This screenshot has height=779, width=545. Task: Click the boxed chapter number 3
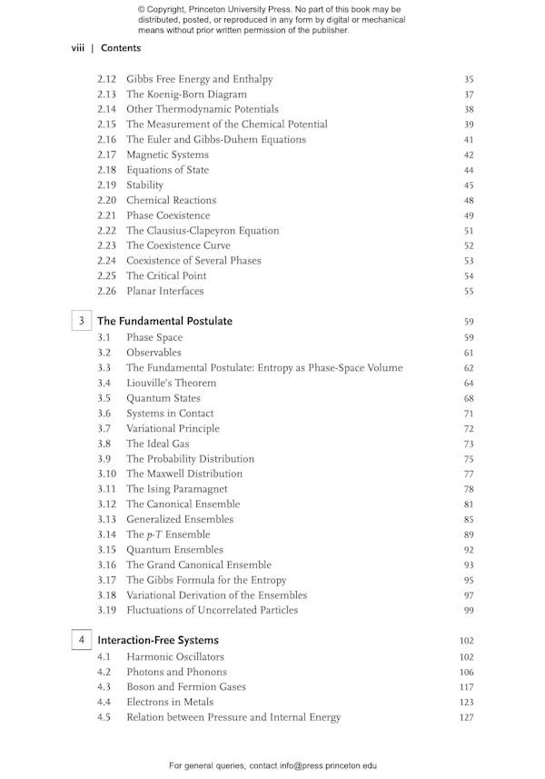click(x=82, y=321)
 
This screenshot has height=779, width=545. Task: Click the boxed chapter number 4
click(x=82, y=640)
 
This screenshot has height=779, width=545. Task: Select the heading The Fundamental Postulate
click(x=164, y=321)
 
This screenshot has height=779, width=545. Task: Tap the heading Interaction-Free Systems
click(x=158, y=640)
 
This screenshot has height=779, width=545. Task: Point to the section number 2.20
click(x=107, y=200)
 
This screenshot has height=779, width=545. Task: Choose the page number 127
click(x=467, y=717)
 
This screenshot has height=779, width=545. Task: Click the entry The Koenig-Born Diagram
click(x=186, y=95)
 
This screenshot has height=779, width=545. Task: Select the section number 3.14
click(x=107, y=534)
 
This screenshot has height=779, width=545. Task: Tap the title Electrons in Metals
click(x=170, y=702)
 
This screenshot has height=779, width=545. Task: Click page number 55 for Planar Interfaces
click(x=469, y=292)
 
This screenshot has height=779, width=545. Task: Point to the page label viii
click(x=78, y=47)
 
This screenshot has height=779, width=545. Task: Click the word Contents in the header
click(x=121, y=47)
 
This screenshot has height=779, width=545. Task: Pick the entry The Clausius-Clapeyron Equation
click(x=203, y=231)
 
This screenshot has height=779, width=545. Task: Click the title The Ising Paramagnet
click(x=177, y=489)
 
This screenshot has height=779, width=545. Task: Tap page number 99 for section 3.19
click(x=469, y=611)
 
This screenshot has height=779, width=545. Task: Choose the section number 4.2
click(x=104, y=672)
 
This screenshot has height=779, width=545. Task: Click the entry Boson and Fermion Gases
click(x=186, y=686)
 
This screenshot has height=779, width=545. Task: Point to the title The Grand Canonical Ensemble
click(x=199, y=564)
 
